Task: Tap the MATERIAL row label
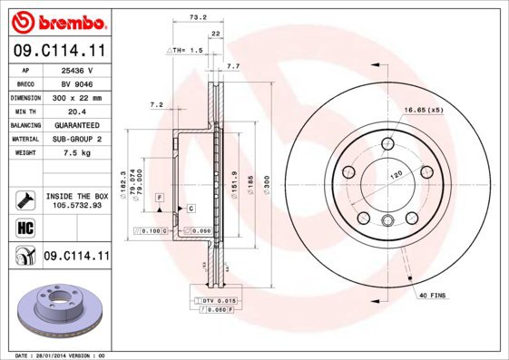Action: coord(24,139)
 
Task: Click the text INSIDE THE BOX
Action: coord(76,195)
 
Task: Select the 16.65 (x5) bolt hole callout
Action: coord(424,109)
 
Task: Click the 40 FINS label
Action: coord(432,296)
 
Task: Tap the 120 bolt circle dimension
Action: coord(395,172)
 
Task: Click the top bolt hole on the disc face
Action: coord(387,141)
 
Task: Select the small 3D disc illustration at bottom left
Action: coord(56,312)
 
